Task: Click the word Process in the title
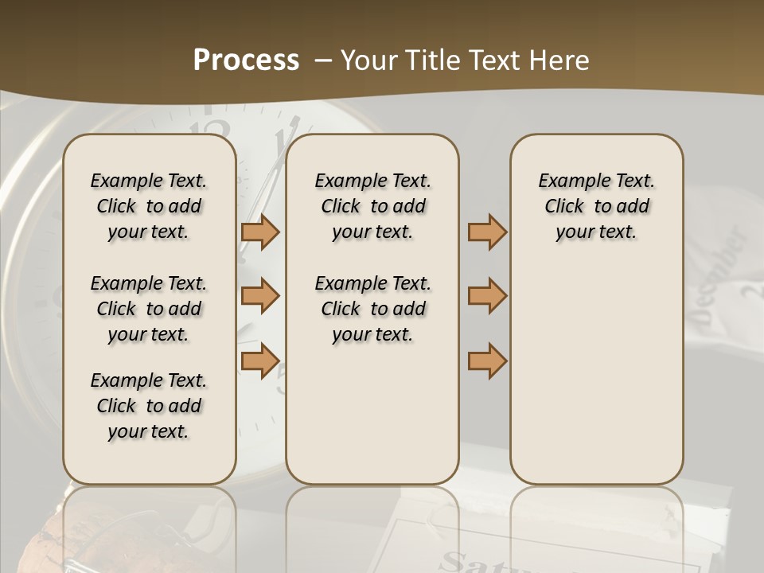click(x=246, y=60)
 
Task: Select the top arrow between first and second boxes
click(x=260, y=232)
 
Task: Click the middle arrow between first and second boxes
click(x=260, y=296)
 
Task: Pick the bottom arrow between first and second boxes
click(x=260, y=361)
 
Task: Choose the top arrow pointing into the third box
click(x=487, y=232)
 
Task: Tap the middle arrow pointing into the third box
click(x=487, y=296)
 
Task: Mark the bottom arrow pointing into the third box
click(x=487, y=361)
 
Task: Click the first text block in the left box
click(x=149, y=206)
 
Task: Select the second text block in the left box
click(x=149, y=309)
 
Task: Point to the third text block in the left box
click(x=149, y=406)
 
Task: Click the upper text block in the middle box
click(x=372, y=206)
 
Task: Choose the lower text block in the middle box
click(x=372, y=309)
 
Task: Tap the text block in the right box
click(x=597, y=206)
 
